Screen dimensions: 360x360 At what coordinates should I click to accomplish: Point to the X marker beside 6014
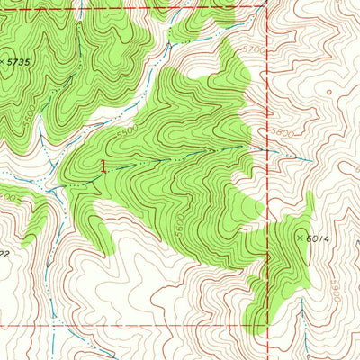coord(301,238)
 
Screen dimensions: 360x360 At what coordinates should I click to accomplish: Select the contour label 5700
coord(256,49)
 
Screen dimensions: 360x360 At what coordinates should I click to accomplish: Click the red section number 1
coord(103,166)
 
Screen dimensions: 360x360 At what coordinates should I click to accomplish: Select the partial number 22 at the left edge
coord(4,255)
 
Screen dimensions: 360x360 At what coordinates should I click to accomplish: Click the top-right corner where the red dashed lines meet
coord(267,7)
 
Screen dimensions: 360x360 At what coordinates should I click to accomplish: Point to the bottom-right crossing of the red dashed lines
coord(267,325)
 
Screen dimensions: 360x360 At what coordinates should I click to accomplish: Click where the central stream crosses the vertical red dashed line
coord(267,149)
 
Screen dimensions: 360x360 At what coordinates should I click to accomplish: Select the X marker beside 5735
coord(3,62)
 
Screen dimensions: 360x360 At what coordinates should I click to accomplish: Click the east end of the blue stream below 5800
coord(311,161)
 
